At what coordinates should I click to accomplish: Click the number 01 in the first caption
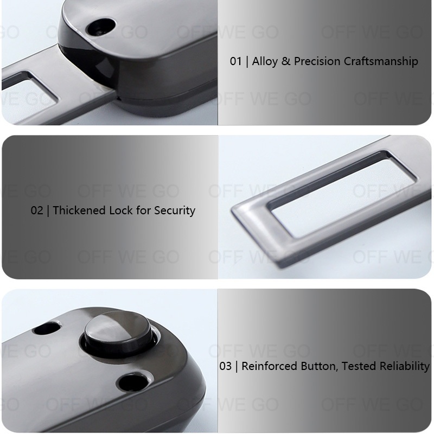click(236, 61)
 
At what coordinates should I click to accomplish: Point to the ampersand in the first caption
click(286, 61)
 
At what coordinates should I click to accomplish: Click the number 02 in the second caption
click(37, 210)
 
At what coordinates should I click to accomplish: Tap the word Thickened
click(79, 210)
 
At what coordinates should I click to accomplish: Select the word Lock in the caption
click(121, 210)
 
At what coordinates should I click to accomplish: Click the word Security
click(175, 211)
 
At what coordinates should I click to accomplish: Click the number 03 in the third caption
click(225, 366)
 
